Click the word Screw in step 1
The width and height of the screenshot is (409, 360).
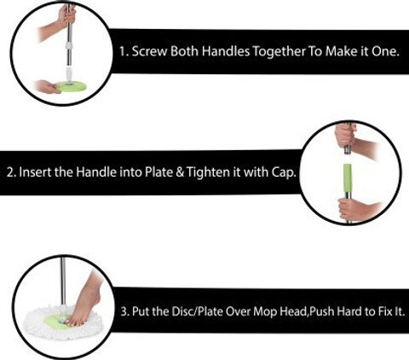pyautogui.click(x=149, y=51)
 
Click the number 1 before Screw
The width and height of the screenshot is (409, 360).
pyautogui.click(x=123, y=52)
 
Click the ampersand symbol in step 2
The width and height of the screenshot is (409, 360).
pyautogui.click(x=180, y=172)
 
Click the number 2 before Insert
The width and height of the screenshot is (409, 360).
pyautogui.click(x=11, y=172)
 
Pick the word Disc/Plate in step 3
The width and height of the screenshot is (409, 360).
pyautogui.click(x=197, y=311)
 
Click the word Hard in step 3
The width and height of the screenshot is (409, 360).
pyautogui.click(x=349, y=311)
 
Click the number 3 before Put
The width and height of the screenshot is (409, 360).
pyautogui.click(x=125, y=311)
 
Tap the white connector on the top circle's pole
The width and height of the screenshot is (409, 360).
pyautogui.click(x=69, y=74)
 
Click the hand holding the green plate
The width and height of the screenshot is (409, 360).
pyautogui.click(x=47, y=86)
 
